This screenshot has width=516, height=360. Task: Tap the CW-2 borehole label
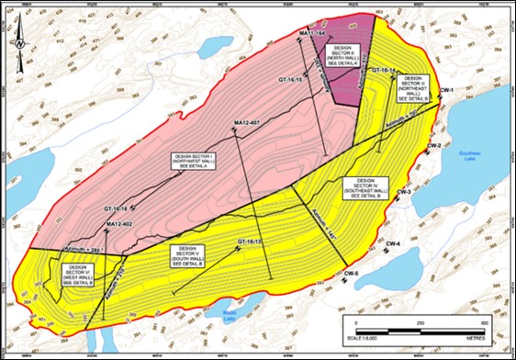[x=435, y=147]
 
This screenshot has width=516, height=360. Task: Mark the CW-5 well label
[x=351, y=274]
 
